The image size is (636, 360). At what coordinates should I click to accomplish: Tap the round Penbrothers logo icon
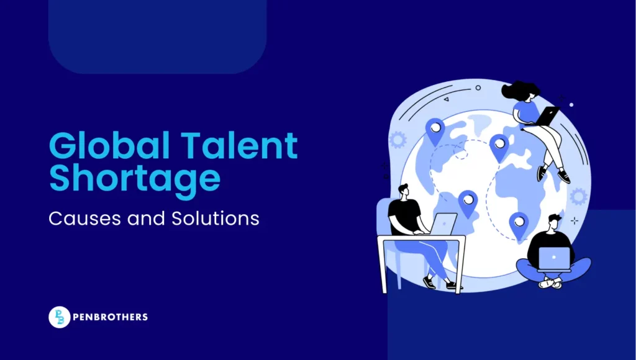tap(59, 317)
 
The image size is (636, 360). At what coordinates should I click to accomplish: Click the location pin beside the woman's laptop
tap(499, 147)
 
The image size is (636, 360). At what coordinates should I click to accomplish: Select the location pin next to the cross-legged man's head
tap(518, 225)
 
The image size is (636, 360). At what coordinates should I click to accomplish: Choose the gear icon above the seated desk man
tap(397, 140)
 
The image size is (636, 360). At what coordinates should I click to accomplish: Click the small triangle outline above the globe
tap(446, 99)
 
